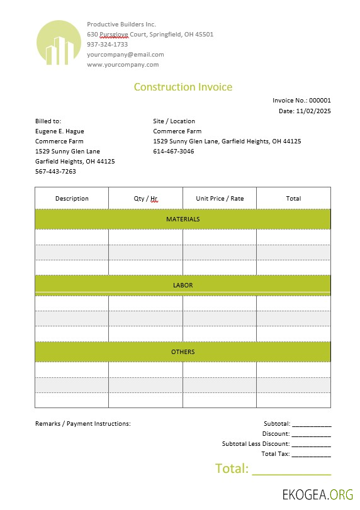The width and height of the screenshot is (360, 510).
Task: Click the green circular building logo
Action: click(59, 43)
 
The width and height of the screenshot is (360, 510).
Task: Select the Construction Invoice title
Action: click(183, 87)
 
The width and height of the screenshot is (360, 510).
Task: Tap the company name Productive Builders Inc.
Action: click(121, 25)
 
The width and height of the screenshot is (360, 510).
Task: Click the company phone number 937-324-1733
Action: click(107, 45)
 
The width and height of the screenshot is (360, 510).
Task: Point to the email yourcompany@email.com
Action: click(125, 55)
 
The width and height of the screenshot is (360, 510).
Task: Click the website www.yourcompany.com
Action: click(123, 65)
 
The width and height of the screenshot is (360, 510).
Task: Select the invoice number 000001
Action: click(320, 101)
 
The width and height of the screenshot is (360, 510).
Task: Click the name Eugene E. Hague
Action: click(59, 131)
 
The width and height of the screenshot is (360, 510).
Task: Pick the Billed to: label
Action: click(48, 121)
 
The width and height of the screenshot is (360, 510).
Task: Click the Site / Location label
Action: click(174, 121)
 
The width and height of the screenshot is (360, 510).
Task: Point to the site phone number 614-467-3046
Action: click(173, 152)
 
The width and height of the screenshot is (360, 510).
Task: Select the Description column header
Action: click(72, 199)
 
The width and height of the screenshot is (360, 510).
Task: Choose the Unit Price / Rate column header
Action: click(220, 199)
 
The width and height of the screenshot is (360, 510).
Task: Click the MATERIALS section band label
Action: click(183, 219)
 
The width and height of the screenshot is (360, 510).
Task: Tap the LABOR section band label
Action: click(183, 285)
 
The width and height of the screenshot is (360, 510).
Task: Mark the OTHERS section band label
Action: click(183, 352)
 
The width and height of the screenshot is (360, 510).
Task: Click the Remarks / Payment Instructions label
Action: click(82, 424)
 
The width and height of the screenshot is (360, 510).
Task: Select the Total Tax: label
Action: click(275, 454)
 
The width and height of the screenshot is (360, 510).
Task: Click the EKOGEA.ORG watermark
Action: click(318, 494)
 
